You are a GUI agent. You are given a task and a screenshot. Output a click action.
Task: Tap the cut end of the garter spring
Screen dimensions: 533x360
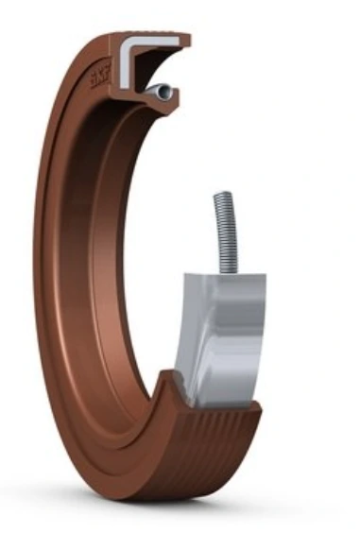[x=164, y=91]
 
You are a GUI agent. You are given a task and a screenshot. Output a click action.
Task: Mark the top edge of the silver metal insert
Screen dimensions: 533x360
[x=227, y=276]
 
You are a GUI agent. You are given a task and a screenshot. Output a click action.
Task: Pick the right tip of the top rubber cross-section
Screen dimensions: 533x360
[x=186, y=41]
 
